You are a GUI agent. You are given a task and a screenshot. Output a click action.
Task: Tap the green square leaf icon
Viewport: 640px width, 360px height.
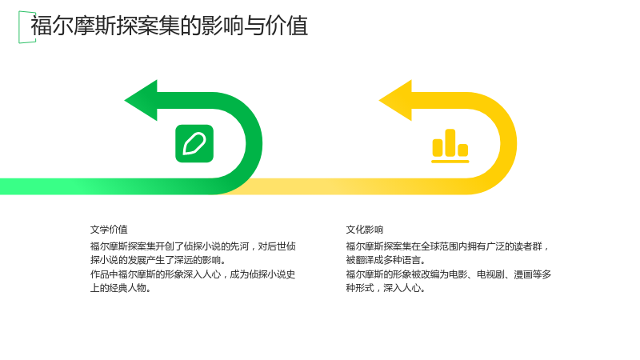pos(194,144)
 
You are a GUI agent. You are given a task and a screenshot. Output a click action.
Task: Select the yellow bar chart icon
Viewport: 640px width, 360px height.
pos(450,146)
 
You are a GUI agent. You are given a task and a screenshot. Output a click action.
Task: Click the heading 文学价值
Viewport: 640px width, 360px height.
pos(109,230)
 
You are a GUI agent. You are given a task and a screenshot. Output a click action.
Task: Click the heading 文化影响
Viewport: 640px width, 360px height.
pos(365,230)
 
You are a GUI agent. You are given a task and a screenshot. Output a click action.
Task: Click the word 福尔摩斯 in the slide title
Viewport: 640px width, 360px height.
pos(74,26)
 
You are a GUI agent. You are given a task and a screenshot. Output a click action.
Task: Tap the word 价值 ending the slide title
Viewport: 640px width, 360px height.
pos(286,26)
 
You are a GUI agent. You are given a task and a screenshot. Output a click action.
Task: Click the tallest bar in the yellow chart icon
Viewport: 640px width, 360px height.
pos(450,142)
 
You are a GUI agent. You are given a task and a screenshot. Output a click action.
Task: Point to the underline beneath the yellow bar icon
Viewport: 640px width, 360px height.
pos(450,162)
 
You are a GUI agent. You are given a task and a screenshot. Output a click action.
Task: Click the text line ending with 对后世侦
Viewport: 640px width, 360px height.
pos(193,246)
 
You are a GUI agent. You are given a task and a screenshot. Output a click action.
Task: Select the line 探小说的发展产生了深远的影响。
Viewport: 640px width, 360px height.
pos(158,261)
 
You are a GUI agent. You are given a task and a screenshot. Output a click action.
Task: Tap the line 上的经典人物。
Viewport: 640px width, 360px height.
pos(121,288)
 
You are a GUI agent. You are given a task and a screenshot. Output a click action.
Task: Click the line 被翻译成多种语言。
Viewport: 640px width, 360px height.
pos(386,261)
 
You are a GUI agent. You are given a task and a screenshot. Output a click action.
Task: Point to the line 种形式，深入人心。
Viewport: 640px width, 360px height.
pos(386,288)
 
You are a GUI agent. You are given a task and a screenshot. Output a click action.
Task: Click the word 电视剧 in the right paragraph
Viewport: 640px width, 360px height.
pos(490,274)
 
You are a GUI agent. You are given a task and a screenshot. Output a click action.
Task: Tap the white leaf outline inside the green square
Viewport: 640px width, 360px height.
pos(194,144)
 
